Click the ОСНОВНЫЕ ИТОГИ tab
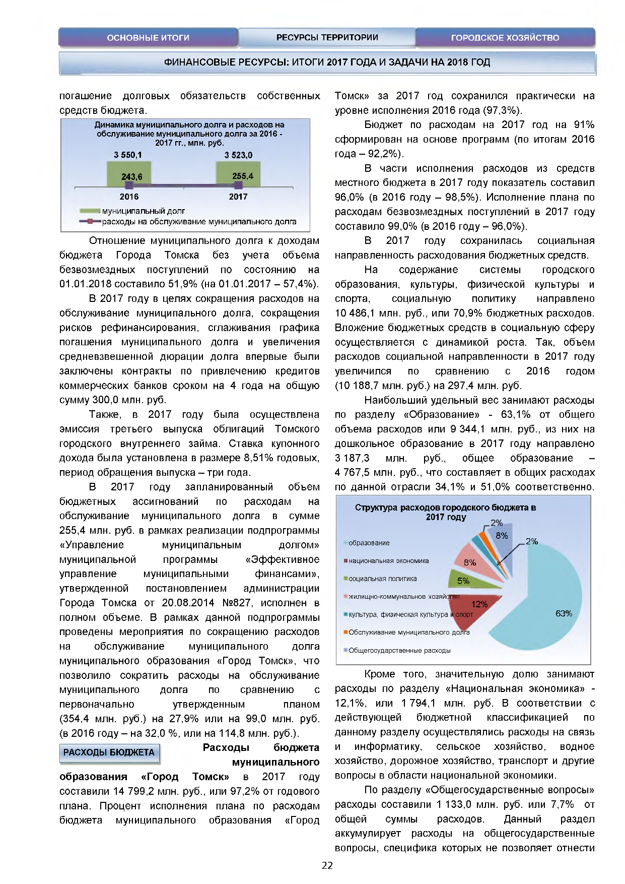(148, 38)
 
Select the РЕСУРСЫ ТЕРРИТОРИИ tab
(327, 38)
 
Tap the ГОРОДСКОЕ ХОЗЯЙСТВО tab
(505, 38)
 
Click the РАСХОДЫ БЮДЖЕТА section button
(109, 752)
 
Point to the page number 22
(327, 865)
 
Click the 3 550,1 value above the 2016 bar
(128, 155)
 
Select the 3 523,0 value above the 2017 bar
(238, 155)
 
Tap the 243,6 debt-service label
(132, 177)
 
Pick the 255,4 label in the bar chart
(243, 176)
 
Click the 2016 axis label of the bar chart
(129, 197)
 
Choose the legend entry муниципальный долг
(143, 211)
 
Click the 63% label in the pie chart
(564, 613)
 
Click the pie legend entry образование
(369, 543)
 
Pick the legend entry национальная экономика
(388, 561)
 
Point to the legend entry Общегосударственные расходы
(399, 651)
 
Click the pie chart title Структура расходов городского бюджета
(445, 512)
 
